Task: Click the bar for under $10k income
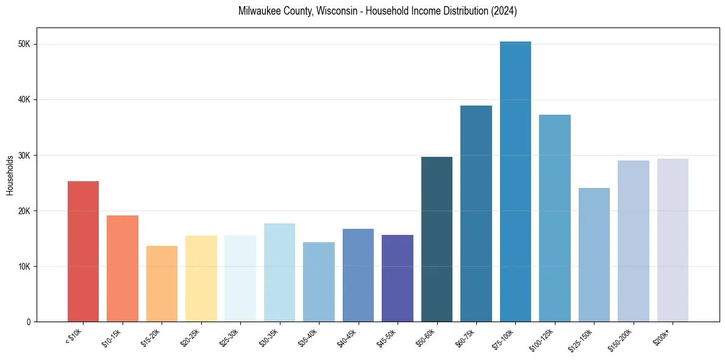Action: coord(83,251)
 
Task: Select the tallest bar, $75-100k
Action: coord(515,182)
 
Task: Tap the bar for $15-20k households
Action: coord(162,284)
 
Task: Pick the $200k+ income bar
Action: coord(673,240)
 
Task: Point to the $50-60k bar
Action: coord(437,239)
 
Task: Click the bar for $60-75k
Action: coord(476,214)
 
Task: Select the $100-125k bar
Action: coord(555,218)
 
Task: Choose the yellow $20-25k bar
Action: coord(201,278)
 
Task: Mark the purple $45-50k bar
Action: coord(398,278)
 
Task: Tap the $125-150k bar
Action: coord(594,255)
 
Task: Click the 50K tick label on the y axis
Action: coord(28,45)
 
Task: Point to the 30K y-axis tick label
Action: coord(28,156)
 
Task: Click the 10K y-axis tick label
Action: coord(28,267)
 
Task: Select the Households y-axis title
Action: coord(10,175)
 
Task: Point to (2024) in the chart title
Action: coord(504,11)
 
